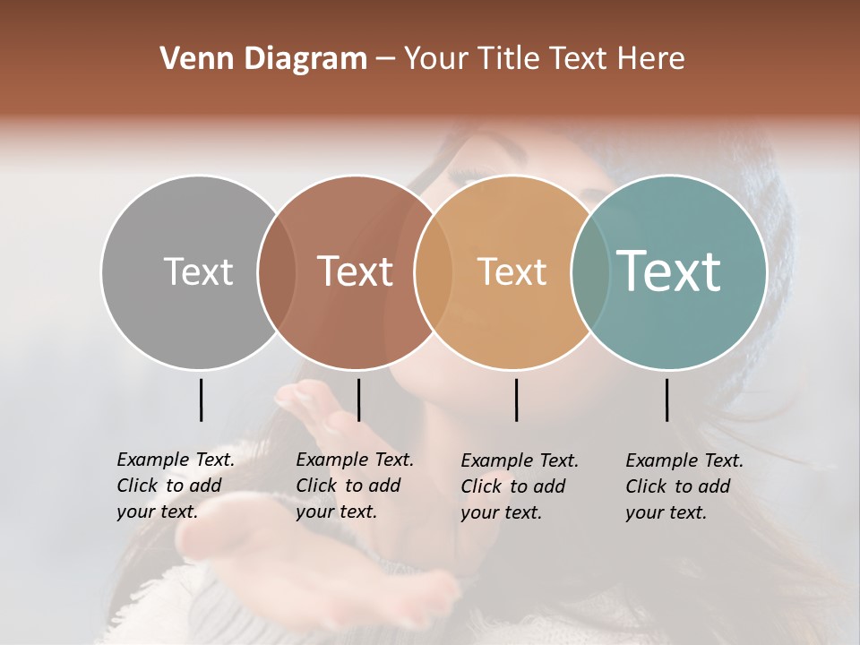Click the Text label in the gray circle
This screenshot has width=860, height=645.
pos(198,271)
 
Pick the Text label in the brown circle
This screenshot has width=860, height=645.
pos(355,271)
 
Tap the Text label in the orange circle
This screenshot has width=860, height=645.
pos(512,271)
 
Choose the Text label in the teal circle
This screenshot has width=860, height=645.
pos(669,271)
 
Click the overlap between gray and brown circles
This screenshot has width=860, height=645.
pos(277,271)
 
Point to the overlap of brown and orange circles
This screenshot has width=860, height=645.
pos(433,271)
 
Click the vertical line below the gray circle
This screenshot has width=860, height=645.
pos(201,400)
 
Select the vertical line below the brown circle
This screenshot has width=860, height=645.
pos(358,400)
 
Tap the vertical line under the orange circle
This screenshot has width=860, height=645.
pos(516,400)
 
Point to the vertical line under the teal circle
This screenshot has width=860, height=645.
pos(666,400)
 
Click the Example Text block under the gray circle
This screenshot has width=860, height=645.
pos(175,486)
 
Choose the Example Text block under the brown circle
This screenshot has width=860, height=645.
pos(354,486)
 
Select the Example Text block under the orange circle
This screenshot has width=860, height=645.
pos(519,486)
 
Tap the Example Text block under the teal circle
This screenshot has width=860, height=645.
pos(684,486)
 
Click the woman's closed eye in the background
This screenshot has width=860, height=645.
pos(469,172)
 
